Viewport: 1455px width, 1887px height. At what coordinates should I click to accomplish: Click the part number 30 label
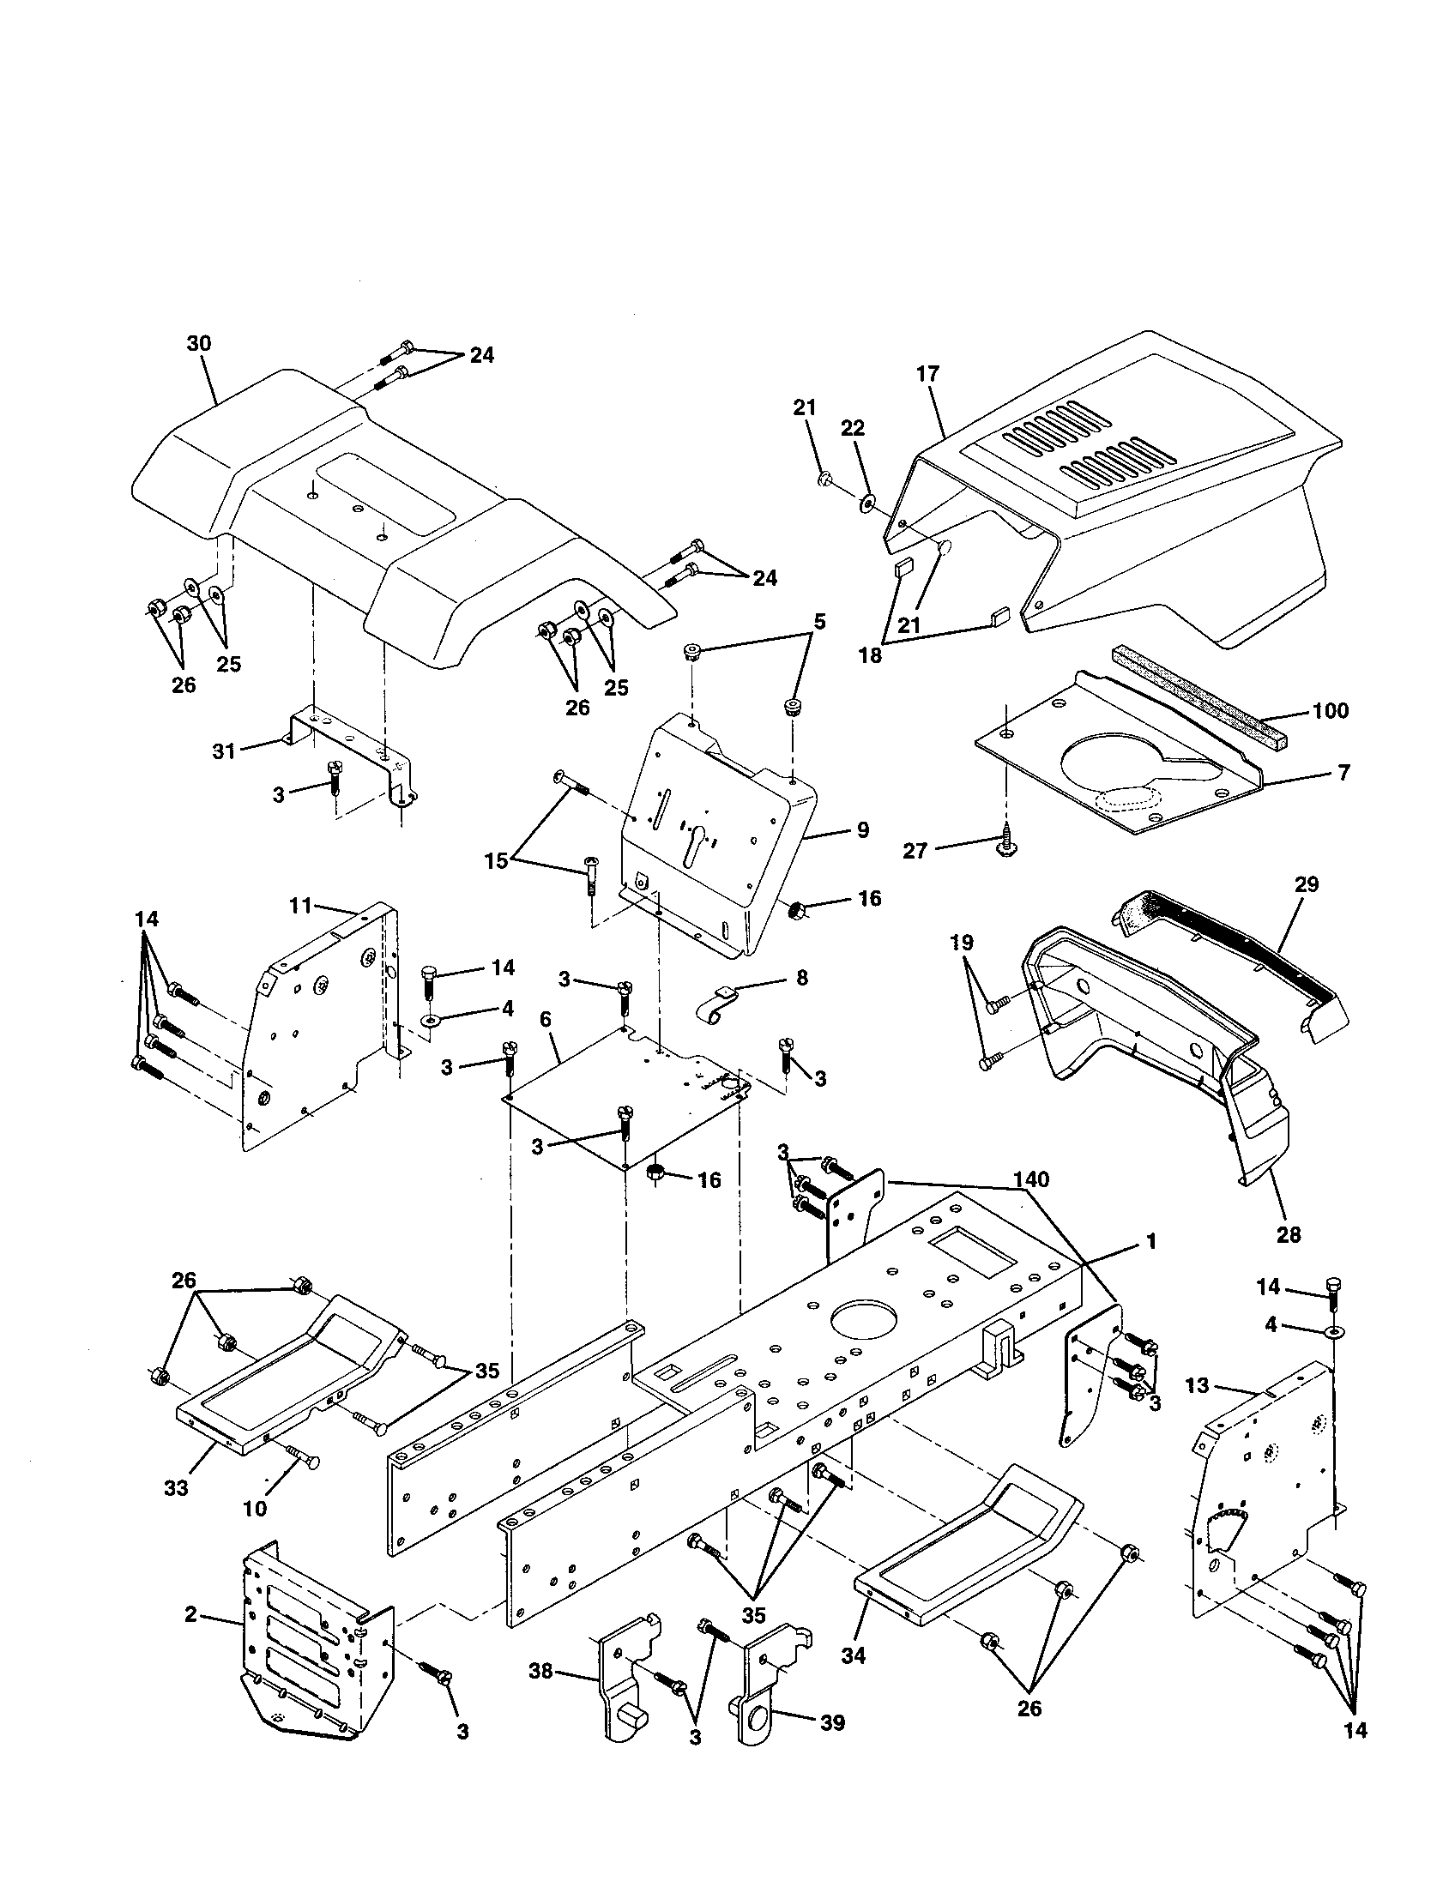pyautogui.click(x=199, y=343)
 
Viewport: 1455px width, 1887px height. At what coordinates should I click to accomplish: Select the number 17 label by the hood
pyautogui.click(x=928, y=374)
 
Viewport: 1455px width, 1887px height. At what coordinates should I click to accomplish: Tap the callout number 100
pyautogui.click(x=1330, y=710)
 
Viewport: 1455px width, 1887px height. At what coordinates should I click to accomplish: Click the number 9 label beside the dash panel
pyautogui.click(x=862, y=829)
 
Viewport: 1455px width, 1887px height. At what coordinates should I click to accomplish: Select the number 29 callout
pyautogui.click(x=1307, y=885)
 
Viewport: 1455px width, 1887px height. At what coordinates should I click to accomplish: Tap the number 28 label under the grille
pyautogui.click(x=1288, y=1234)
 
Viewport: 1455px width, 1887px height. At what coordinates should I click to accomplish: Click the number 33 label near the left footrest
pyautogui.click(x=176, y=1489)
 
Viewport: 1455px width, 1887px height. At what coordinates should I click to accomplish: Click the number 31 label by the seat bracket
pyautogui.click(x=224, y=751)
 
